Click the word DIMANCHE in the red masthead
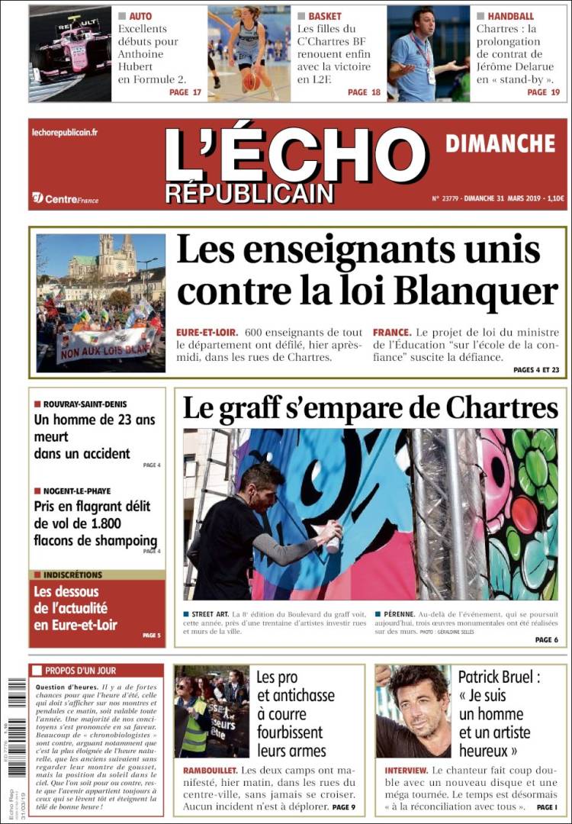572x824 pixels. [500, 143]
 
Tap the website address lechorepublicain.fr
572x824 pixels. [65, 133]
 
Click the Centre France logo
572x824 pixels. [66, 198]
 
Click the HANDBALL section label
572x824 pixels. [510, 16]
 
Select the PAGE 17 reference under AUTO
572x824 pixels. [185, 92]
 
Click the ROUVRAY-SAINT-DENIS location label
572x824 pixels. [85, 404]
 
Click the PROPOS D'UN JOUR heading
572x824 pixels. [80, 671]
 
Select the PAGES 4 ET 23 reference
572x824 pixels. [536, 369]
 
